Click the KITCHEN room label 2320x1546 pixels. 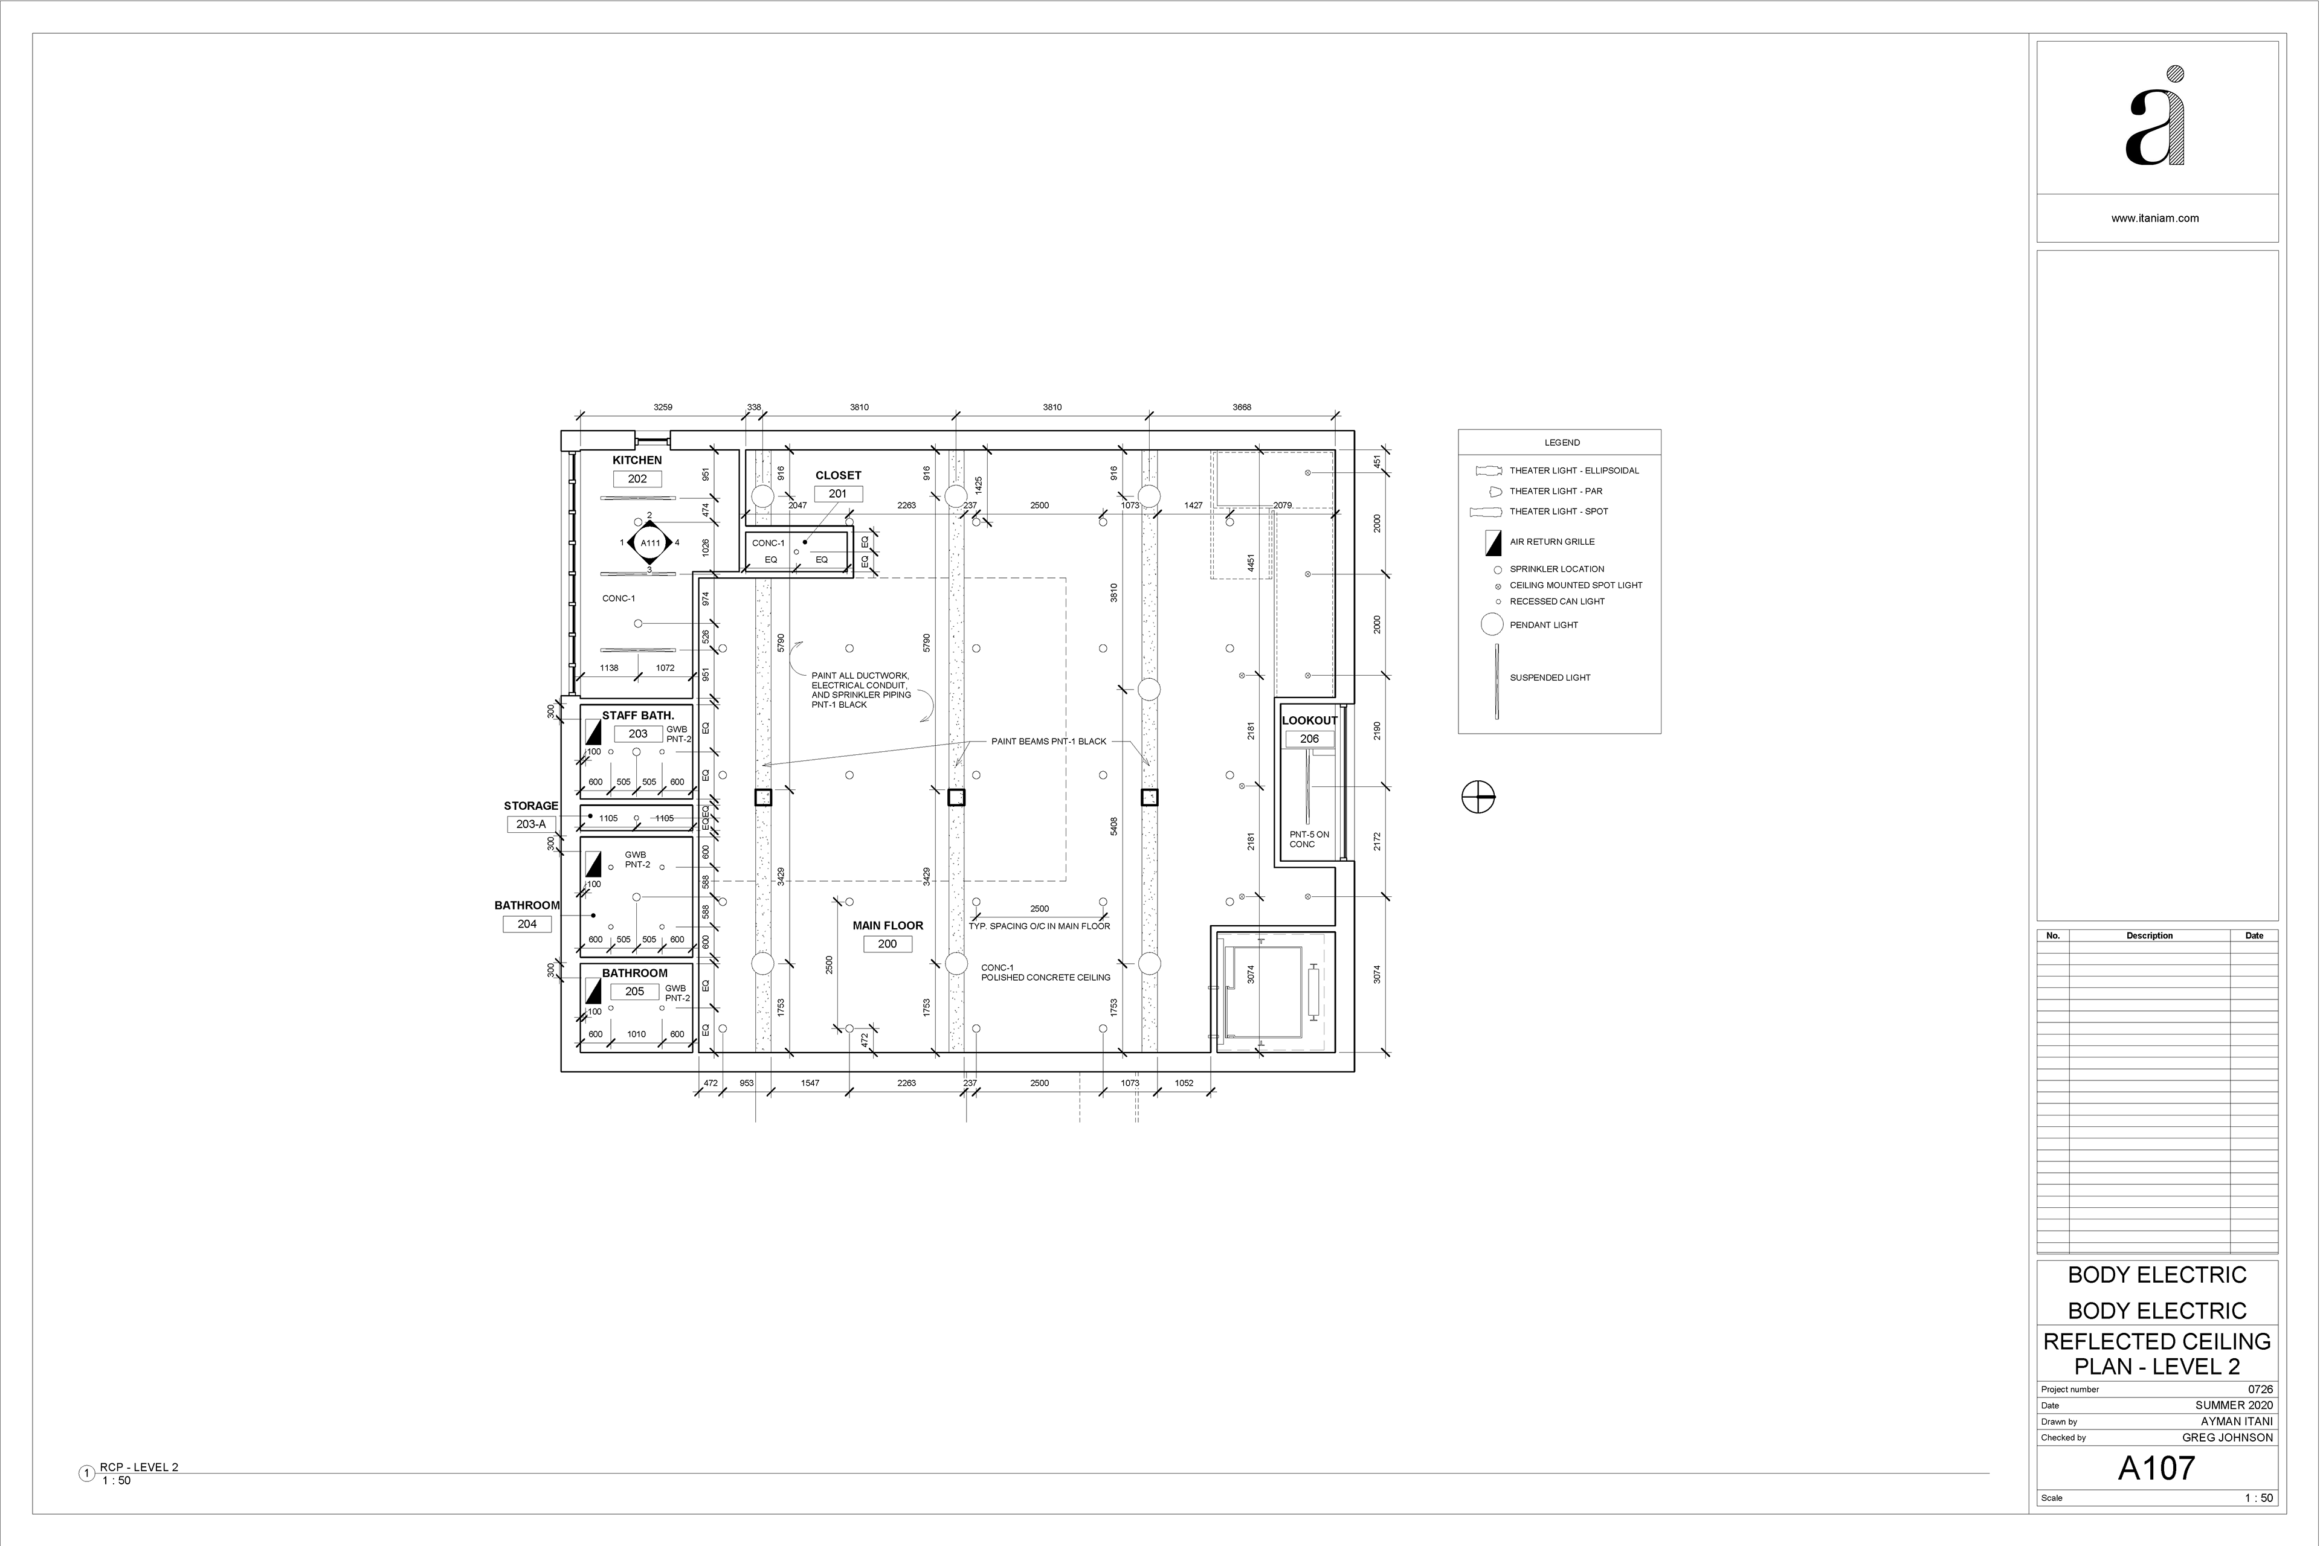[x=637, y=460]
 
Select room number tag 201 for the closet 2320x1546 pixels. [x=837, y=494]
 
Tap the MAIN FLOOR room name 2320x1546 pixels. [x=888, y=926]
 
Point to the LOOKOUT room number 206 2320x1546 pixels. [x=1309, y=739]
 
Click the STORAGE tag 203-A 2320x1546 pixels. [x=530, y=824]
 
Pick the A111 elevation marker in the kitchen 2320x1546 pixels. [x=650, y=544]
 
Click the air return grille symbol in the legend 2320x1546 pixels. [x=1493, y=542]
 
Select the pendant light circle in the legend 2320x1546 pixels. [x=1492, y=624]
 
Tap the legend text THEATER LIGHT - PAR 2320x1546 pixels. [x=1556, y=491]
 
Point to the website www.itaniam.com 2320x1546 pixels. [x=2154, y=219]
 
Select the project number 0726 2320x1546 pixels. [x=2261, y=1389]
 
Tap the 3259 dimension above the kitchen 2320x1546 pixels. [x=663, y=407]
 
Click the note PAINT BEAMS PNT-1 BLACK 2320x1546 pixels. [x=1049, y=742]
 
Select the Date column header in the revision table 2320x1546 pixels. [x=2254, y=935]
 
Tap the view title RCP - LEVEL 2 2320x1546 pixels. [x=139, y=1467]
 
